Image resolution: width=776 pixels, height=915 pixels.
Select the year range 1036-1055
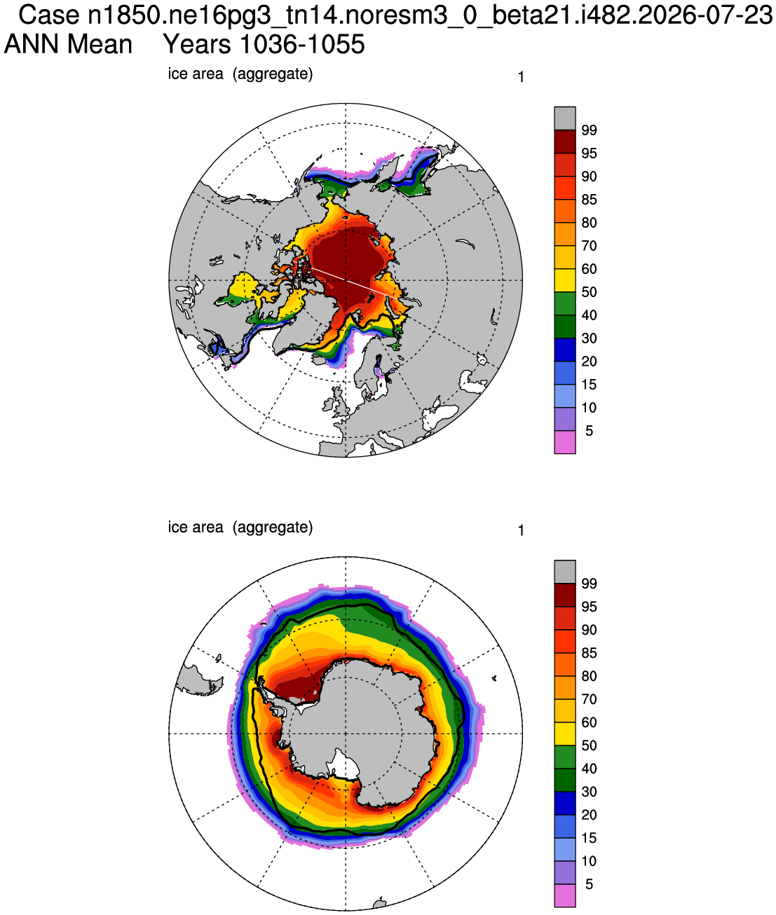pyautogui.click(x=303, y=44)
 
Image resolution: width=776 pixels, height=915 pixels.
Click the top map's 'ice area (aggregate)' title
pyautogui.click(x=240, y=74)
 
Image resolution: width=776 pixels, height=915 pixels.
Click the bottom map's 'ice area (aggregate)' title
pyautogui.click(x=240, y=528)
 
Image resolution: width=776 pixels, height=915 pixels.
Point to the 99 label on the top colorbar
pyautogui.click(x=589, y=130)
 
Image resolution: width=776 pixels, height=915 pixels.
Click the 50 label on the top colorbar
pyautogui.click(x=589, y=292)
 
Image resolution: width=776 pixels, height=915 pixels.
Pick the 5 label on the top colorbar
pyautogui.click(x=589, y=431)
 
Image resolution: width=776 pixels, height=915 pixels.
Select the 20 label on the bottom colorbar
pyautogui.click(x=589, y=815)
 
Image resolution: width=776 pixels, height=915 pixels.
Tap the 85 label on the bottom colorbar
pyautogui.click(x=589, y=653)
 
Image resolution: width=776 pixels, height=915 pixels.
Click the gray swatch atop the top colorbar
pyautogui.click(x=565, y=118)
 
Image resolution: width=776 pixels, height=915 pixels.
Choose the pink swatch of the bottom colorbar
pyautogui.click(x=565, y=895)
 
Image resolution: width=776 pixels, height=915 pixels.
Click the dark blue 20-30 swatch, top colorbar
pyautogui.click(x=565, y=350)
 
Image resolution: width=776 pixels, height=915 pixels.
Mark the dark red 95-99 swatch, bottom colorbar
pyautogui.click(x=565, y=595)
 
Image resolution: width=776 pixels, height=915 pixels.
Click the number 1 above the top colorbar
pyautogui.click(x=522, y=78)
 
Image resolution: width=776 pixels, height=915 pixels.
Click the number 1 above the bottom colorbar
pyautogui.click(x=522, y=531)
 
